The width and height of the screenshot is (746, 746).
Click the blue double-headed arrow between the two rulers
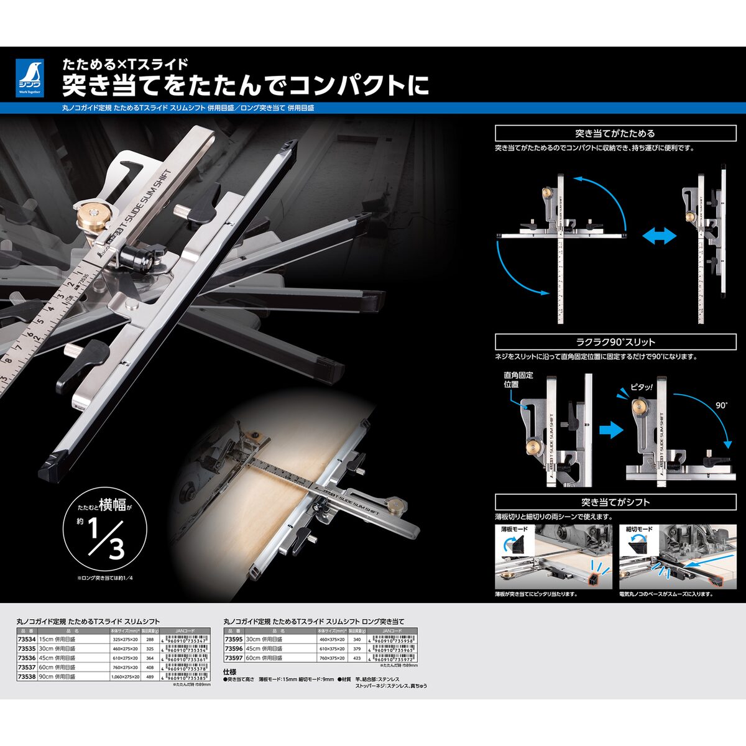(660, 236)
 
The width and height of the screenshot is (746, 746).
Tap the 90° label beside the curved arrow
(721, 405)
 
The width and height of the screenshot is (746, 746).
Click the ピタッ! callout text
(642, 387)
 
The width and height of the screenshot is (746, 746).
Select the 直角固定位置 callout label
(518, 380)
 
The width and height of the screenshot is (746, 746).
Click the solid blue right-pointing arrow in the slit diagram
(611, 430)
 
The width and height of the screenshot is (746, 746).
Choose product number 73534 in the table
(27, 639)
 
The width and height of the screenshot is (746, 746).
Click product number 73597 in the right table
(234, 658)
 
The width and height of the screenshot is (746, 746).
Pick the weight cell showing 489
(149, 676)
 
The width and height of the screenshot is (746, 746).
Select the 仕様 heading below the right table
(230, 672)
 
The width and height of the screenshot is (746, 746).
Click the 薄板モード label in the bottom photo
(515, 529)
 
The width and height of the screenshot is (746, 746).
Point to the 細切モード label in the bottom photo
(639, 529)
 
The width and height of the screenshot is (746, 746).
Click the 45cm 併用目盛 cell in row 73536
(57, 658)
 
